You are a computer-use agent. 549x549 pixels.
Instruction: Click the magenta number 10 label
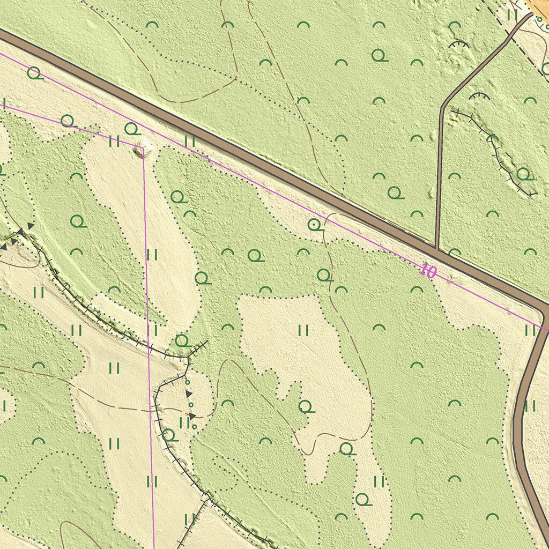pyautogui.click(x=428, y=271)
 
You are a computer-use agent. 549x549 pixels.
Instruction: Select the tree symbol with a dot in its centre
pyautogui.click(x=315, y=225)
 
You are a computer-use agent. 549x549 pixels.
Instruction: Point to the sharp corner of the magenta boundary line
pyautogui.click(x=143, y=146)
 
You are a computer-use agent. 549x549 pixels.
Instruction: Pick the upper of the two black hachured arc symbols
pyautogui.click(x=459, y=45)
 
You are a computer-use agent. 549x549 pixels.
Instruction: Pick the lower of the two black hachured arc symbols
pyautogui.click(x=479, y=96)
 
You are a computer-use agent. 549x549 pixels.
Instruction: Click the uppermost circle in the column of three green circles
pyautogui.click(x=187, y=382)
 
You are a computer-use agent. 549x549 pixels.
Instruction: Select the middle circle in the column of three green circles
pyautogui.click(x=191, y=404)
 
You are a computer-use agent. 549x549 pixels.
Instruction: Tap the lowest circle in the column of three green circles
pyautogui.click(x=194, y=427)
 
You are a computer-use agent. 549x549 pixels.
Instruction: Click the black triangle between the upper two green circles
pyautogui.click(x=189, y=394)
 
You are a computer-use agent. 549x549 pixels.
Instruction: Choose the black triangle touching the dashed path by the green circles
pyautogui.click(x=192, y=416)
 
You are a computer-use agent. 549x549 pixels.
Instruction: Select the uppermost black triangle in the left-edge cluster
pyautogui.click(x=31, y=226)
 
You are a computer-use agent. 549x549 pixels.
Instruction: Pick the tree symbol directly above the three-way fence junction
pyautogui.click(x=182, y=340)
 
